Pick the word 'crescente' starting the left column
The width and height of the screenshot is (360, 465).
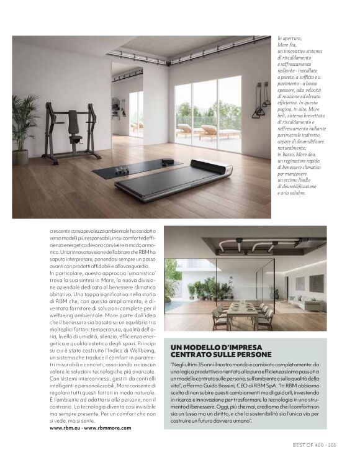[60, 230]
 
